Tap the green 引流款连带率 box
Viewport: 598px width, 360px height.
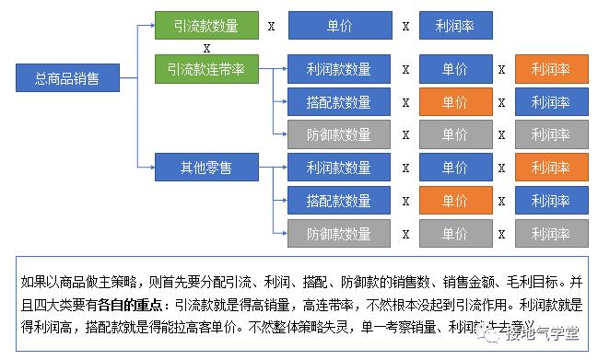coord(206,67)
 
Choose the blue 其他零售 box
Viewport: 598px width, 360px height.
coord(206,167)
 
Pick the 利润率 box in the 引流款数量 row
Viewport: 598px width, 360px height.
coord(455,26)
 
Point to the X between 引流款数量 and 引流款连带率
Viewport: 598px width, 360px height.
coord(206,47)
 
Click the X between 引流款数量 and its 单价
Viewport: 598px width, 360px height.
coord(271,27)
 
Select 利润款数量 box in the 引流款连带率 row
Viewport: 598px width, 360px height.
coord(338,69)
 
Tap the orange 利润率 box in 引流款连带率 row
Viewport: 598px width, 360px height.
coord(551,69)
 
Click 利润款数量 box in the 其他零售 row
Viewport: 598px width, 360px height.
coord(338,168)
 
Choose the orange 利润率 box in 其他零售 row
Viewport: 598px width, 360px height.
coord(551,168)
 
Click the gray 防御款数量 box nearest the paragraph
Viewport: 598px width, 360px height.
coord(338,234)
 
